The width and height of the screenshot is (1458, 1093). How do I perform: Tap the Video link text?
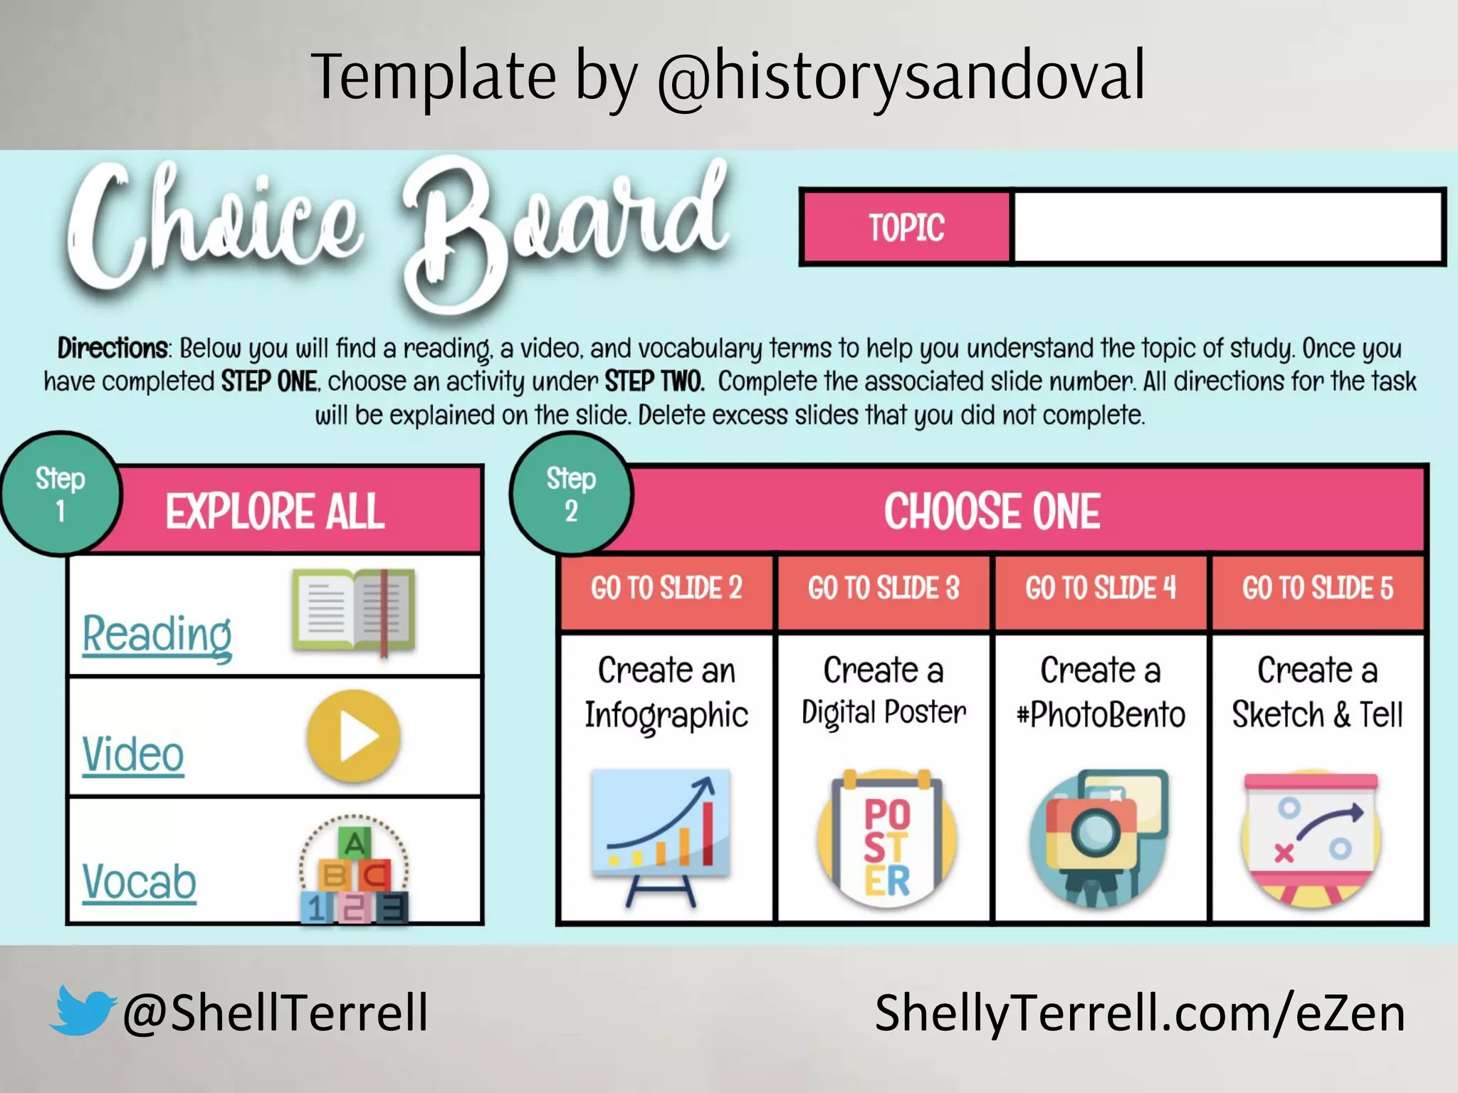[133, 754]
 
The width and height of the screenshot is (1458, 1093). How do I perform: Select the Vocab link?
[139, 882]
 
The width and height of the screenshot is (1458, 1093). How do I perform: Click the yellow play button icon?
[354, 736]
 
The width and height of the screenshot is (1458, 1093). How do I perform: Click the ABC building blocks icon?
[354, 870]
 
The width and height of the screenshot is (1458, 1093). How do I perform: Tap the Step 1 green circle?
[61, 494]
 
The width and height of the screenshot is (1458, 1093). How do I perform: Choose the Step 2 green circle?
[571, 494]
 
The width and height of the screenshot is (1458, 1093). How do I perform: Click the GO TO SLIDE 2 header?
[666, 588]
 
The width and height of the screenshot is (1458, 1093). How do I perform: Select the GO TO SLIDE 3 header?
[883, 588]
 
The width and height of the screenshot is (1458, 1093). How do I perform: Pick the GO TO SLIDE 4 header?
[1101, 588]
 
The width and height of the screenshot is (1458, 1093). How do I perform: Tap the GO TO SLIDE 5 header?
[1318, 588]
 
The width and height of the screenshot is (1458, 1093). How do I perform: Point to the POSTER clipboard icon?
[886, 840]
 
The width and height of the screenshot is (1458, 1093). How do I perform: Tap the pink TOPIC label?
[906, 228]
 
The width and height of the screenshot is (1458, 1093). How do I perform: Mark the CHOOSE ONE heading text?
[992, 511]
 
